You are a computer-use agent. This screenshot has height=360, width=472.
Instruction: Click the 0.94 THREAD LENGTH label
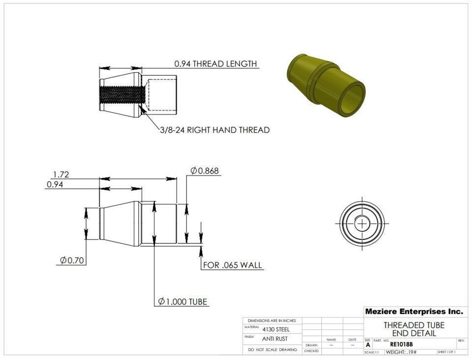pyautogui.click(x=215, y=64)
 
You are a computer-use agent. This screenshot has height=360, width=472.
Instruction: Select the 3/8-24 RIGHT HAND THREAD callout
pyautogui.click(x=214, y=130)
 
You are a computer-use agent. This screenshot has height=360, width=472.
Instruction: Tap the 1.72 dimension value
pyautogui.click(x=61, y=174)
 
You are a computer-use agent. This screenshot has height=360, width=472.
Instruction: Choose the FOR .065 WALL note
pyautogui.click(x=233, y=266)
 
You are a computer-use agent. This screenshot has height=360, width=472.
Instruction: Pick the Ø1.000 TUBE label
pyautogui.click(x=182, y=301)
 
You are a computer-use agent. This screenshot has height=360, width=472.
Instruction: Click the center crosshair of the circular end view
pyautogui.click(x=363, y=223)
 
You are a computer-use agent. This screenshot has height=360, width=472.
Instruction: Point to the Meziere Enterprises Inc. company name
pyautogui.click(x=413, y=312)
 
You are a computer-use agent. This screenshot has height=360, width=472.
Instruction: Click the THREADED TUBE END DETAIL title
pyautogui.click(x=413, y=329)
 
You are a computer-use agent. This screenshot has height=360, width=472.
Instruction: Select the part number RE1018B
pyautogui.click(x=401, y=345)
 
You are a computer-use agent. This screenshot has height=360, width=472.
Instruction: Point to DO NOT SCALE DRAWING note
pyautogui.click(x=272, y=350)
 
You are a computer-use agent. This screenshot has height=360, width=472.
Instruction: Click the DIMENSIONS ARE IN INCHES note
pyautogui.click(x=272, y=320)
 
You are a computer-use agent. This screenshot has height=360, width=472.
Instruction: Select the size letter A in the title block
pyautogui.click(x=368, y=345)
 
